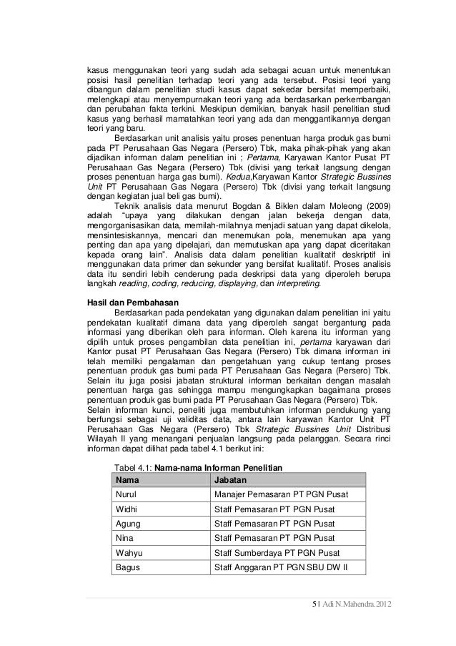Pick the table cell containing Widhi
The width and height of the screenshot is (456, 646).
[127, 509]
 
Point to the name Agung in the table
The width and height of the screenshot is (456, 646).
[128, 523]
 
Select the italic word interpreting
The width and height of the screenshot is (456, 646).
[293, 284]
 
